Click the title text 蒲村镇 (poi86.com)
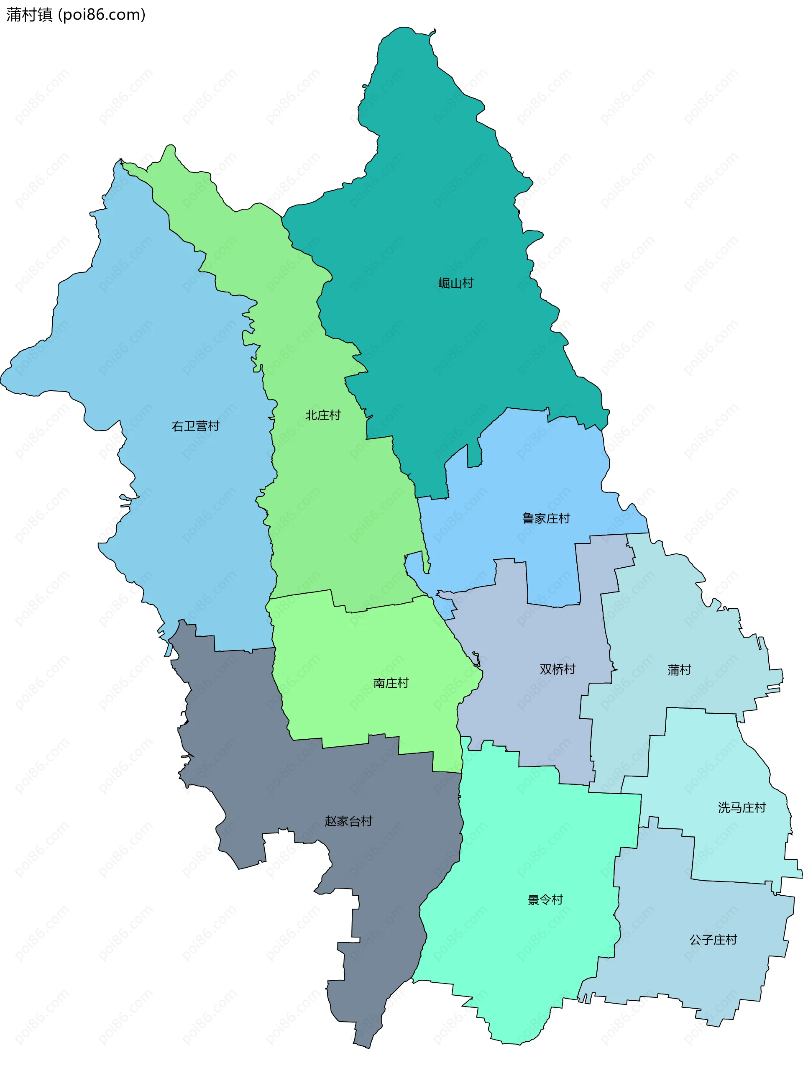(75, 15)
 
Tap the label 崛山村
(455, 283)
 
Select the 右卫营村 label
(195, 426)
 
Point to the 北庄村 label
(323, 415)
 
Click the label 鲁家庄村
(545, 518)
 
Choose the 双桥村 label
(557, 669)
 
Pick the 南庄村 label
(391, 683)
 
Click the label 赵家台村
(348, 821)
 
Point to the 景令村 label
(545, 899)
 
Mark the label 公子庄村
(713, 939)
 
